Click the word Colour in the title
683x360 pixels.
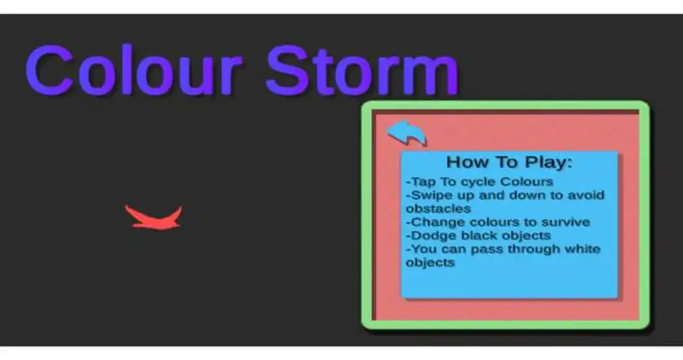point(133,70)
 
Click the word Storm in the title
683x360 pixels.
point(362,70)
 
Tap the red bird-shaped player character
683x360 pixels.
point(154,217)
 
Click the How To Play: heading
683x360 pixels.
point(509,162)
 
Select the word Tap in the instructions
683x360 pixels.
point(421,181)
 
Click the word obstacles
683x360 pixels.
point(438,208)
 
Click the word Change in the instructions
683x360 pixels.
point(436,222)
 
